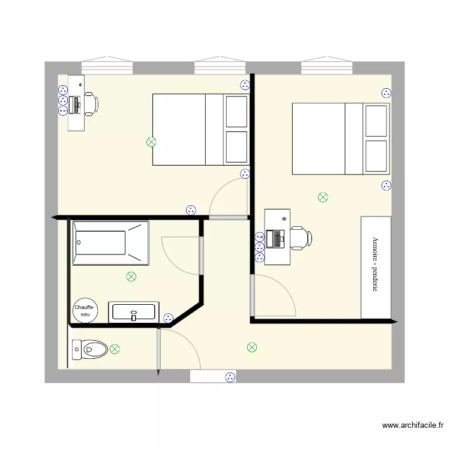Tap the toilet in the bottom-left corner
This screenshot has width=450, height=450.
click(x=89, y=349)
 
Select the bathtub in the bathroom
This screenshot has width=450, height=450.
click(x=110, y=243)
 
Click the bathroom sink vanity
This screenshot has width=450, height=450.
click(x=134, y=313)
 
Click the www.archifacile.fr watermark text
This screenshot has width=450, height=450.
click(x=413, y=425)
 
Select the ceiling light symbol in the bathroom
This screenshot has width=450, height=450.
click(x=131, y=277)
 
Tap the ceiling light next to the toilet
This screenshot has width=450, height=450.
click(x=115, y=349)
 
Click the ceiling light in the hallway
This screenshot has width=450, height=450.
click(x=252, y=347)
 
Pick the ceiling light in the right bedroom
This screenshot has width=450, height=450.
click(x=323, y=197)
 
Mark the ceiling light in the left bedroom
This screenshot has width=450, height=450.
click(x=151, y=142)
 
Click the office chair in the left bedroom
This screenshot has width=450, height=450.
click(x=90, y=103)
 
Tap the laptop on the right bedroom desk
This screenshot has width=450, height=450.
click(x=277, y=238)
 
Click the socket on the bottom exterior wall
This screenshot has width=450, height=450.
click(x=229, y=377)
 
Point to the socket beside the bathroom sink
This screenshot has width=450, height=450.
click(x=169, y=318)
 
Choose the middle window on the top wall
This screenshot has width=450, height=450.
click(x=221, y=65)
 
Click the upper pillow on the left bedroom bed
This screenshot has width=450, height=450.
click(x=236, y=112)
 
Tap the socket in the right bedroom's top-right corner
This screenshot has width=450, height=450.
click(x=386, y=93)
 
